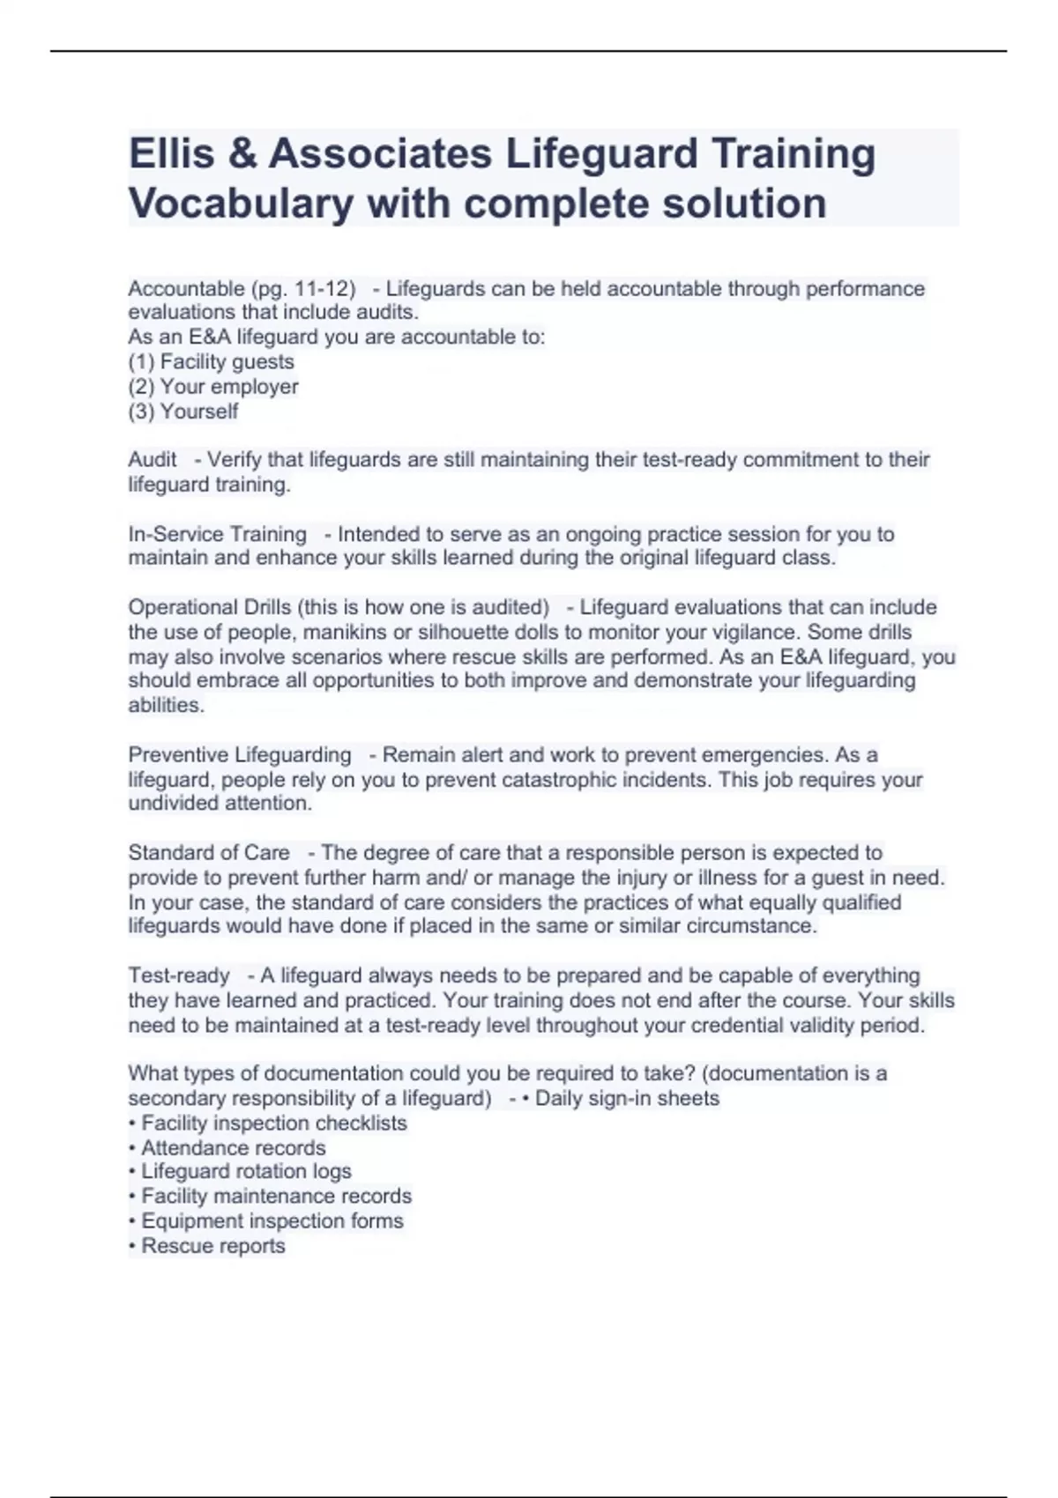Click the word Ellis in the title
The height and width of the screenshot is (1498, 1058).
173,154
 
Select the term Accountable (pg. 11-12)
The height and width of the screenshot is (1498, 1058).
242,289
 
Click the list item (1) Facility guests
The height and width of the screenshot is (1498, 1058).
212,362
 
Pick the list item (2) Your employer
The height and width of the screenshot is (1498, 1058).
213,387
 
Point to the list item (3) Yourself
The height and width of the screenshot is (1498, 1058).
183,412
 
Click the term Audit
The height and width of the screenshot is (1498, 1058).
153,460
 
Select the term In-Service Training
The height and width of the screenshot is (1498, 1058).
217,535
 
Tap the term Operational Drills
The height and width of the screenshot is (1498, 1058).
209,607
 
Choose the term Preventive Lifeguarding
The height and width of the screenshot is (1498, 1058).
240,755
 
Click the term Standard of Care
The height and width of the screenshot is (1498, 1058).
209,853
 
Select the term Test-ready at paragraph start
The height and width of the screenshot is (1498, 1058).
179,976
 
